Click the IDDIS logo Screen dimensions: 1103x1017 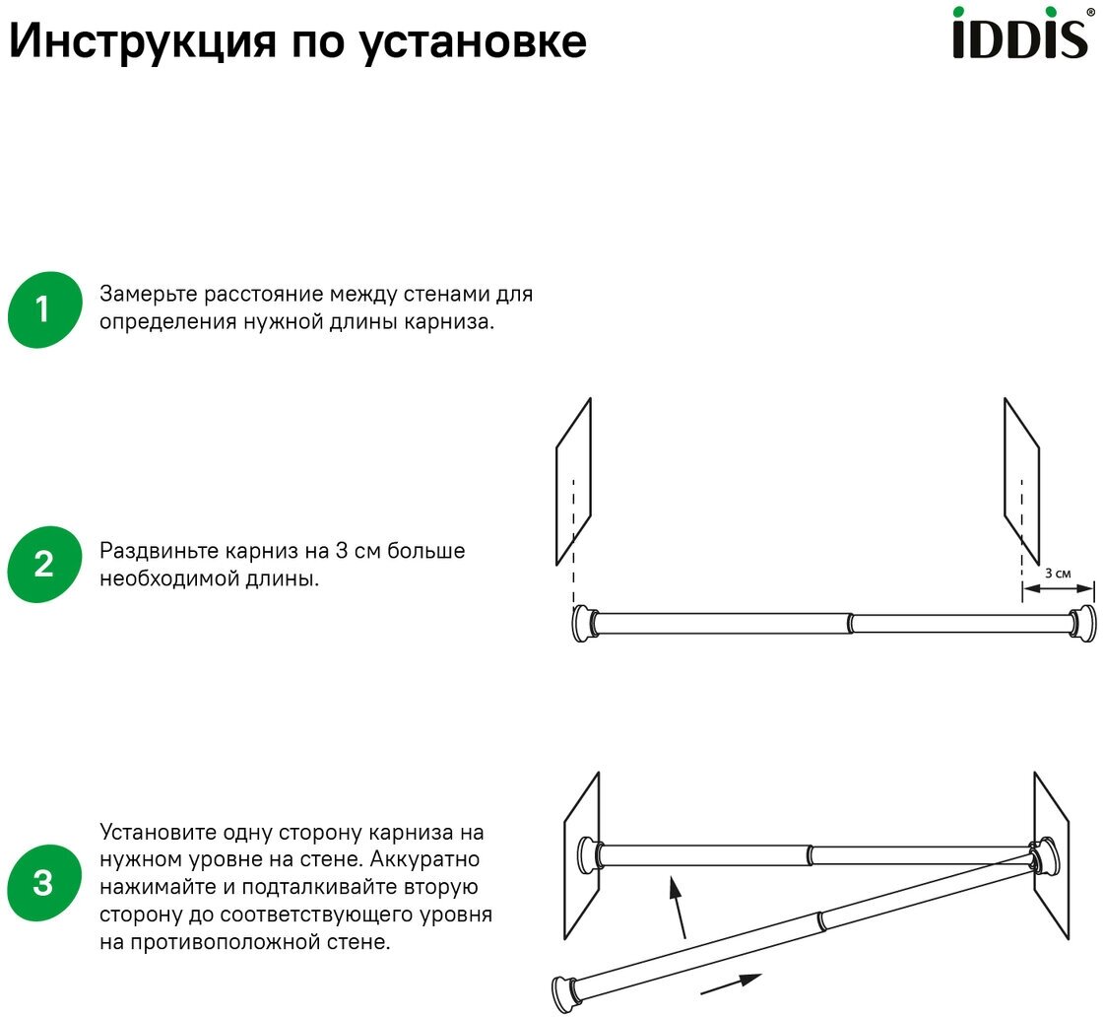pos(1020,35)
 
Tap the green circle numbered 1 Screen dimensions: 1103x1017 pos(43,309)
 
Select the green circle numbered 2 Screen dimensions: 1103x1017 pos(43,565)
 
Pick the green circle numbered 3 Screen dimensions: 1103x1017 pos(43,882)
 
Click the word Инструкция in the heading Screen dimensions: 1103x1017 pos(139,41)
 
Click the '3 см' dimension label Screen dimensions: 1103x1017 pos(1057,573)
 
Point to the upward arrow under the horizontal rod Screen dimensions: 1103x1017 pos(679,908)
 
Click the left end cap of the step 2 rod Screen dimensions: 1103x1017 pos(583,624)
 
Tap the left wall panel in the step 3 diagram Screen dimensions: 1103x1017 pos(581,857)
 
